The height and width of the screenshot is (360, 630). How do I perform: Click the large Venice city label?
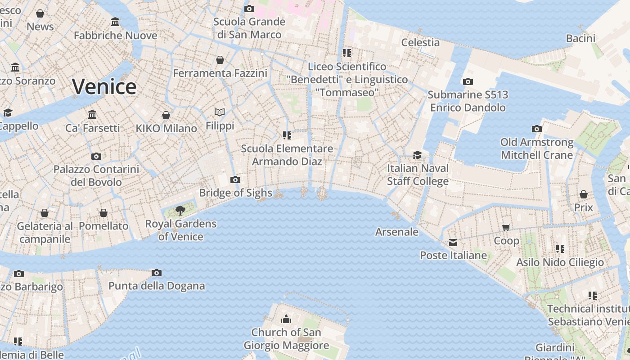pos(104,86)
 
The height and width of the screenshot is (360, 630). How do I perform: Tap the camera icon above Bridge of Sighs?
pos(235,180)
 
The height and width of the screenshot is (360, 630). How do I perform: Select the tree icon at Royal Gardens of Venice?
pos(180,210)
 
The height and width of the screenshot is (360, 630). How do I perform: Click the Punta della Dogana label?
pos(157,286)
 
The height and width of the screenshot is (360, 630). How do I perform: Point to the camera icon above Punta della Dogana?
pos(157,273)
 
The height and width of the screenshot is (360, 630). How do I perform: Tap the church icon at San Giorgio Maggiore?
pos(286,319)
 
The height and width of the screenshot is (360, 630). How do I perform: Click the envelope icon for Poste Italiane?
pos(453,243)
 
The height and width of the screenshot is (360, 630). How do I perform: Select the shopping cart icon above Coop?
pos(506,228)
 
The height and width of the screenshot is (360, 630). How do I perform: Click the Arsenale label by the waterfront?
pos(397,232)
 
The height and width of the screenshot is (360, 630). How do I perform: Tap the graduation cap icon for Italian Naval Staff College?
pos(418,155)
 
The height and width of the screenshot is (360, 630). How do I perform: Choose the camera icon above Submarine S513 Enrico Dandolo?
pos(468,81)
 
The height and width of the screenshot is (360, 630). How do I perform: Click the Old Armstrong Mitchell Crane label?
pos(537,149)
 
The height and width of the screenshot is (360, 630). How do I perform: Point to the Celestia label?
pos(420,42)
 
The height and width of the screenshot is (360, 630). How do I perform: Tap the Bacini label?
pos(580,38)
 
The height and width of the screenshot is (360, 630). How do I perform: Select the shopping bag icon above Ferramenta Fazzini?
pos(220,60)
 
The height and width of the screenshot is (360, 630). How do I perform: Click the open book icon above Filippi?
pos(220,112)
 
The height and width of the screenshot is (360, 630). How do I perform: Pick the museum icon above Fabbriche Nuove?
pos(115,22)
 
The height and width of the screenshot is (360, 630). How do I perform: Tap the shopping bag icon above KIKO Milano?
pos(166,115)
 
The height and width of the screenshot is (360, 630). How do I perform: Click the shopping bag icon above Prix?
pos(584,194)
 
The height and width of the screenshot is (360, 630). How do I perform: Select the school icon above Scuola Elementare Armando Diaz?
pos(287,135)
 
